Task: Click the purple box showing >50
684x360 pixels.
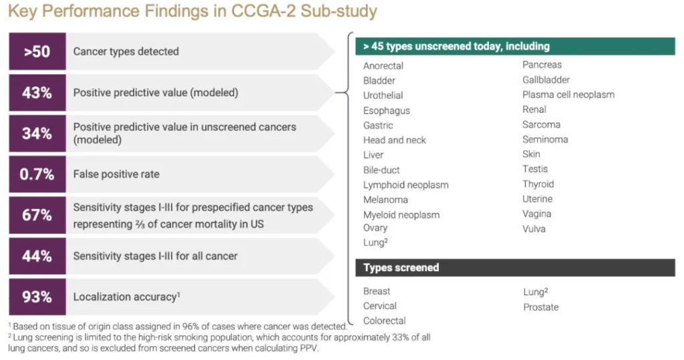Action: point(37,51)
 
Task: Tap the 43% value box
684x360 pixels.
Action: point(37,93)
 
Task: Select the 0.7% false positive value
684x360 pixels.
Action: point(37,174)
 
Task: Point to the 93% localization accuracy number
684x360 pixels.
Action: point(37,297)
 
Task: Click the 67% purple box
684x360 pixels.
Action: point(37,215)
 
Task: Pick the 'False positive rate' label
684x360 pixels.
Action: point(116,174)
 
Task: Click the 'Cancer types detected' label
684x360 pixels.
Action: point(126,51)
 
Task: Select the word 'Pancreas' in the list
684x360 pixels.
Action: point(542,65)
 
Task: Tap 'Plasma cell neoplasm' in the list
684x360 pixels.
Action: point(568,95)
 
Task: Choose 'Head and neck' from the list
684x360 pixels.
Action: point(394,140)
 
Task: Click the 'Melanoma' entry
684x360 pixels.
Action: point(385,200)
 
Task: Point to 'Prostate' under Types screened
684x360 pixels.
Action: point(541,307)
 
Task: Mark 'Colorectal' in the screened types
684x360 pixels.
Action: point(384,321)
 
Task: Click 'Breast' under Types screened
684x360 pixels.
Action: point(377,291)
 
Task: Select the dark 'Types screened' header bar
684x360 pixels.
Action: point(515,267)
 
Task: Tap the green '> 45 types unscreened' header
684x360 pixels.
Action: point(515,46)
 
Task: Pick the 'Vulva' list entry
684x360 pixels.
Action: point(534,228)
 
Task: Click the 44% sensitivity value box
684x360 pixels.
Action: point(37,256)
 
